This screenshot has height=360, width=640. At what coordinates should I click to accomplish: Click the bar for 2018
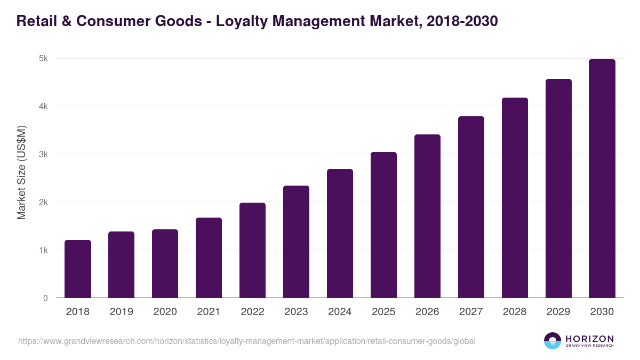[x=78, y=269]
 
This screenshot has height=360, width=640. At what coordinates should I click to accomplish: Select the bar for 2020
[x=165, y=264]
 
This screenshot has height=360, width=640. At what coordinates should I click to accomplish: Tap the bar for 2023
[x=296, y=242]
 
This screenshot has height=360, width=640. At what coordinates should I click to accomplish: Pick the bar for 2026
[x=427, y=217]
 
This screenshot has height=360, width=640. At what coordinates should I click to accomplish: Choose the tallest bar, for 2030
[x=602, y=179]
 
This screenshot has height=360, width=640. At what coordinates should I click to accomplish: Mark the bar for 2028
[x=515, y=198]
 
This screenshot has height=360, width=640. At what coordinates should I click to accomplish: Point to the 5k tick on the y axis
[x=43, y=59]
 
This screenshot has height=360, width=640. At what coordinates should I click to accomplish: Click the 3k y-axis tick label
[x=43, y=155]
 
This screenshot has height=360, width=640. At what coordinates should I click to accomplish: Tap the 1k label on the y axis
[x=43, y=251]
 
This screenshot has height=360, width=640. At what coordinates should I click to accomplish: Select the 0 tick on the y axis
[x=45, y=299]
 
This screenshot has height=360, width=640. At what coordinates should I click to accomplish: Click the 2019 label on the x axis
[x=121, y=312]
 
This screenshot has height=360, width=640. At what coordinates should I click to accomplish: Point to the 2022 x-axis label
[x=252, y=312]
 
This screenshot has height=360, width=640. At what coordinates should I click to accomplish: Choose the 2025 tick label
[x=383, y=312]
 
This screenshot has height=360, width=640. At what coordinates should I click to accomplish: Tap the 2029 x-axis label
[x=558, y=312]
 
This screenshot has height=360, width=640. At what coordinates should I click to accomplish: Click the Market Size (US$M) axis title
[x=21, y=172]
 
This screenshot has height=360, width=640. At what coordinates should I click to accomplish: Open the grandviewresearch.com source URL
[x=246, y=341]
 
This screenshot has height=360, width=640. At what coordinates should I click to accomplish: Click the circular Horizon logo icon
[x=553, y=341]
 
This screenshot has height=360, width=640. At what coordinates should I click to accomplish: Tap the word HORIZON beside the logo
[x=589, y=339]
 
